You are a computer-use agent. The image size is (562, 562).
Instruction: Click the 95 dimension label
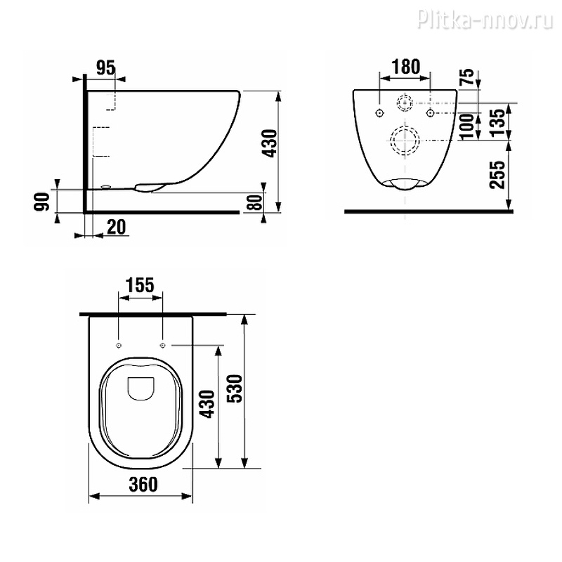pos(106,67)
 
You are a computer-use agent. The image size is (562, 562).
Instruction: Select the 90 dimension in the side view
pos(42,202)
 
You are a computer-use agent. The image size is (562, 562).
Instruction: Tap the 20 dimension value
pos(117,227)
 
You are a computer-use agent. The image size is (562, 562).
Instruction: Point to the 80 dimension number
pos(256,202)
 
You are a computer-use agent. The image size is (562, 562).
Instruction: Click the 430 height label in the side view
pos(270,143)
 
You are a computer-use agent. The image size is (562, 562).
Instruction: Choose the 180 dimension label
pos(406,67)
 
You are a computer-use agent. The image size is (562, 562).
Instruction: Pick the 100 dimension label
pos(466,126)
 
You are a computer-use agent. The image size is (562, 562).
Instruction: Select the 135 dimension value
pos(498,123)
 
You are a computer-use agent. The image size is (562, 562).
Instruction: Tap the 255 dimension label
pos(497,175)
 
